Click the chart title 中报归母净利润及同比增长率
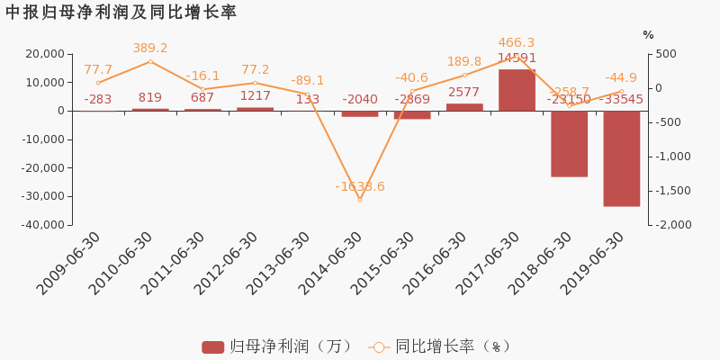pyautogui.click(x=121, y=13)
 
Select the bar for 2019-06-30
pyautogui.click(x=622, y=158)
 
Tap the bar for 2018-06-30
pyautogui.click(x=569, y=143)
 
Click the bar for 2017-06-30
pyautogui.click(x=517, y=90)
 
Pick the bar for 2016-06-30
pyautogui.click(x=464, y=107)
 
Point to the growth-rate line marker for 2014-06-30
pyautogui.click(x=360, y=200)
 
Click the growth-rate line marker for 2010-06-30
pyautogui.click(x=150, y=61)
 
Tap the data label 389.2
pyautogui.click(x=150, y=49)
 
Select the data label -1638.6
pyautogui.click(x=360, y=186)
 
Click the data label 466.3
pyautogui.click(x=517, y=42)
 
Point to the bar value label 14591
pyautogui.click(x=517, y=58)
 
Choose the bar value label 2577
pyautogui.click(x=464, y=92)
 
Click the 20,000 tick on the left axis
pyautogui.click(x=44, y=54)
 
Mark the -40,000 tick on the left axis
pyautogui.click(x=41, y=224)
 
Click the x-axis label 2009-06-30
pyautogui.click(x=69, y=263)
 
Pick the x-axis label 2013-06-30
pyautogui.click(x=279, y=263)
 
